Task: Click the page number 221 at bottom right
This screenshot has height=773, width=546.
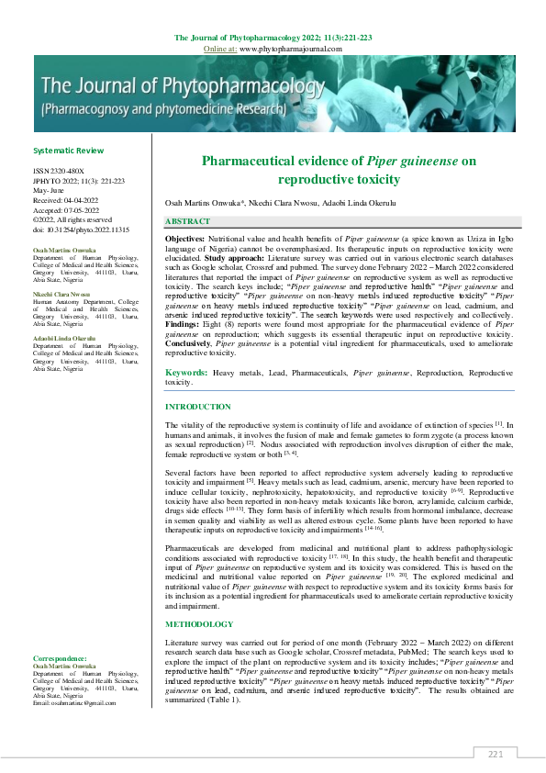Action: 496,754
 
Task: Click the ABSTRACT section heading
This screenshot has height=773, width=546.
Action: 187,221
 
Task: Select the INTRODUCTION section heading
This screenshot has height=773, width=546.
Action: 197,406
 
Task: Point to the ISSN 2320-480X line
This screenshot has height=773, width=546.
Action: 58,171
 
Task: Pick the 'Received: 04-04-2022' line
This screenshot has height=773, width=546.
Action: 66,199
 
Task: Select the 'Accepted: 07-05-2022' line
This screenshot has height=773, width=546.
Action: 66,209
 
